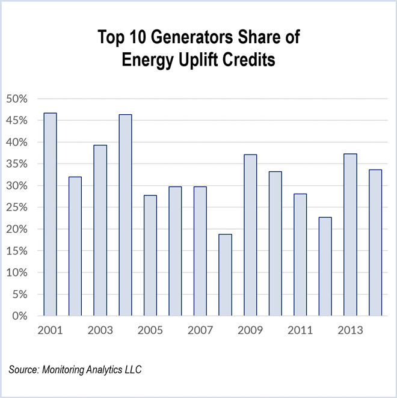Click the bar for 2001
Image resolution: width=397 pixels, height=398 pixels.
50,214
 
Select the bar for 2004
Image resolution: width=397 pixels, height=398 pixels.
125,215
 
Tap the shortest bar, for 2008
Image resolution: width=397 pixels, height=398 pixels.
225,275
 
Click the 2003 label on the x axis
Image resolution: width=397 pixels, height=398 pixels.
100,331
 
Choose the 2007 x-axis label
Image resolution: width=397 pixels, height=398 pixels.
200,331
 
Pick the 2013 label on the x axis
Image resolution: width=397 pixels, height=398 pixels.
349,331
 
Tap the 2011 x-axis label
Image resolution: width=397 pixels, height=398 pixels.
300,331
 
